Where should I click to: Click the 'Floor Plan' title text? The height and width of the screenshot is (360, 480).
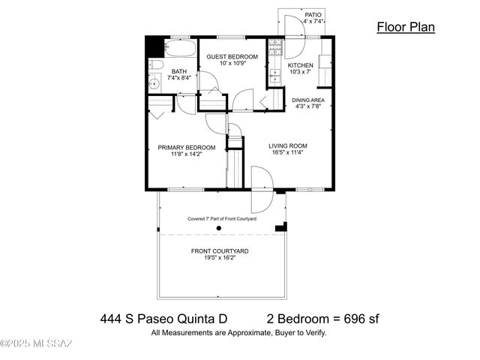point(405,28)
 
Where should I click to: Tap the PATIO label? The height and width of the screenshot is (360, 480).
point(313,14)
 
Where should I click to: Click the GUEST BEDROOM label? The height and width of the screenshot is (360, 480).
point(232,56)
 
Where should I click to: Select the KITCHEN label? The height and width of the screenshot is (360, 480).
point(301,65)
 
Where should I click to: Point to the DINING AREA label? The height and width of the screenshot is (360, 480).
point(308,99)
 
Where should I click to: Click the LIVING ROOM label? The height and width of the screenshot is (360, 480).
point(289,145)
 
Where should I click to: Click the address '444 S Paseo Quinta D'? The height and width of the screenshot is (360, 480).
point(163,319)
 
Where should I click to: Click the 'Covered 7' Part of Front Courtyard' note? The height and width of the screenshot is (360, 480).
point(222,219)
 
